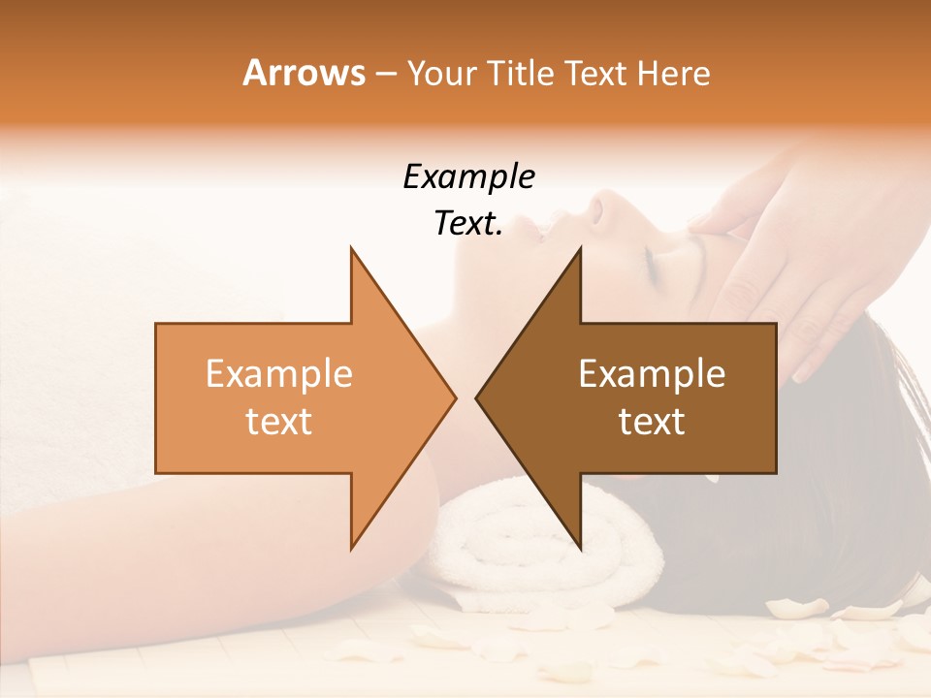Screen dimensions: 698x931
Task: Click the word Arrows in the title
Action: coord(304,73)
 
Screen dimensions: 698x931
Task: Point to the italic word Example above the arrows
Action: coord(468,176)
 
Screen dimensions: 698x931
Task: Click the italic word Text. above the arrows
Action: coord(468,224)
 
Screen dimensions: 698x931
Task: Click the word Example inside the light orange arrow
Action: coord(279,374)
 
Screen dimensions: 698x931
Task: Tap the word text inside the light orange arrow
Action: coord(279,422)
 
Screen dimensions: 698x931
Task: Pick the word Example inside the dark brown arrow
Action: coord(652,374)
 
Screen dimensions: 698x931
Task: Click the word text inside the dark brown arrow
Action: coord(652,422)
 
